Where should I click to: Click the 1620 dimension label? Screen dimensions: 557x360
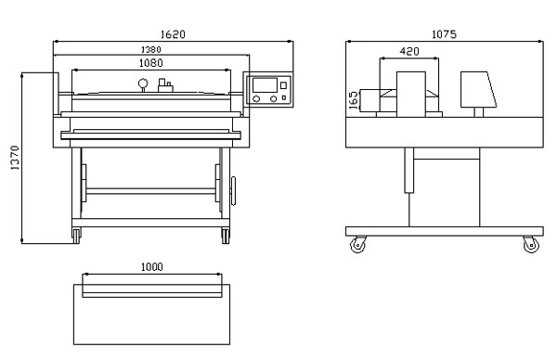173,34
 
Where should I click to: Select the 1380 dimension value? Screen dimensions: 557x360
151,50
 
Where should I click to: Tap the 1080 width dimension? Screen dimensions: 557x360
151,63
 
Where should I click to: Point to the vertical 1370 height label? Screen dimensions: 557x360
15,158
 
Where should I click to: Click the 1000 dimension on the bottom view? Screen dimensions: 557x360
152,267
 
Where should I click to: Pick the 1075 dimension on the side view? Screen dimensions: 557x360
444,34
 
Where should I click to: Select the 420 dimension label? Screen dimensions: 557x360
409,51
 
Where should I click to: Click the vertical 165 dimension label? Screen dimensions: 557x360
354,100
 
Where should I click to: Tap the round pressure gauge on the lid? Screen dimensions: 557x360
144,85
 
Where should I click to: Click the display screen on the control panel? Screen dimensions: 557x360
265,85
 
